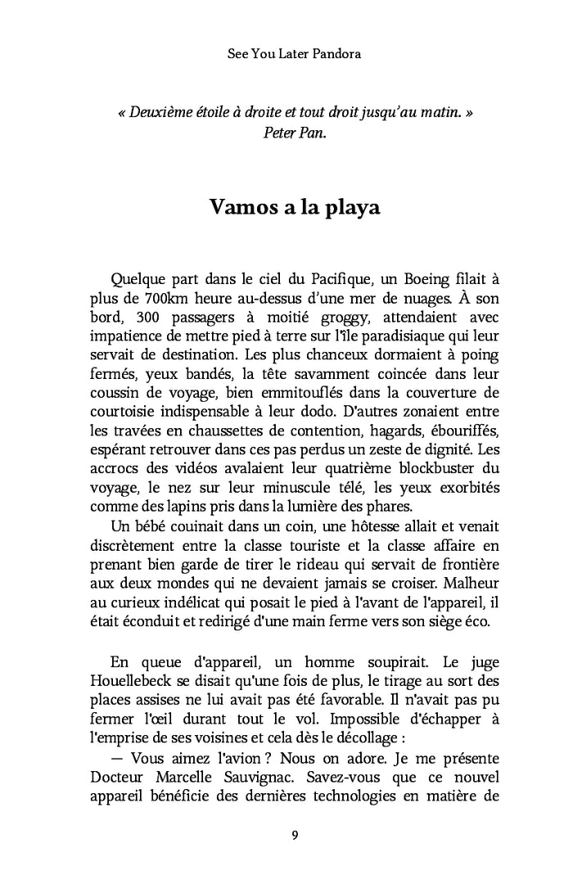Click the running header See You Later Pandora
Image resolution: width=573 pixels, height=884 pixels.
294,55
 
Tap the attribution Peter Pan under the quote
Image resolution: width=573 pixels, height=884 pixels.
294,133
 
